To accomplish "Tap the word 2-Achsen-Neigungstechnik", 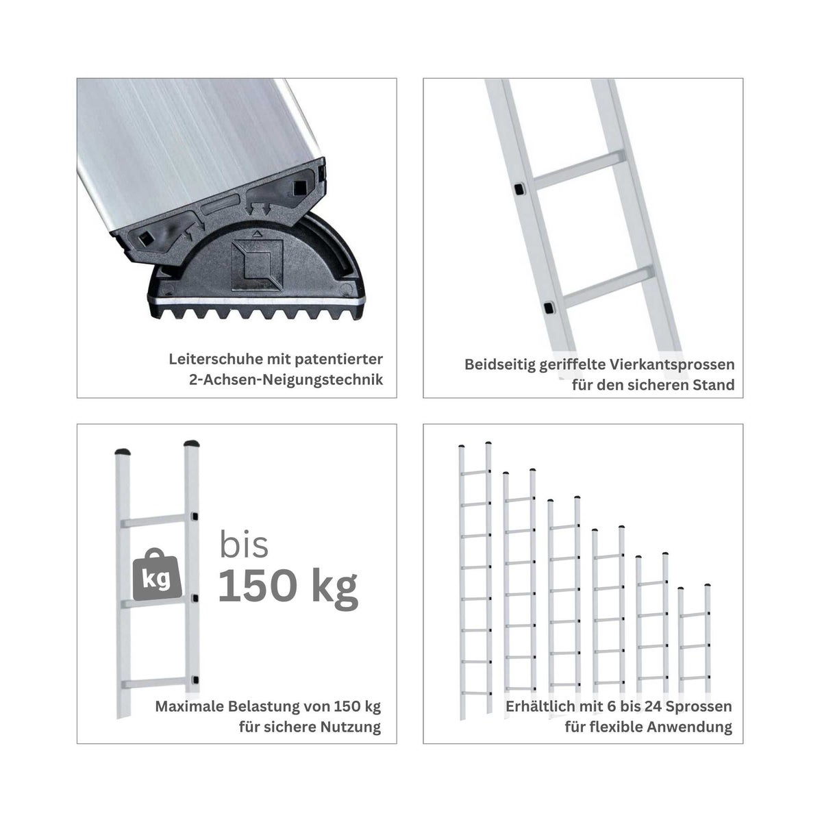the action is click(x=286, y=379).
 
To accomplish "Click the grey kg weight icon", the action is click(x=157, y=575).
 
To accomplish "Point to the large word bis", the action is click(x=244, y=544).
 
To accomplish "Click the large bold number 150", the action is click(x=256, y=585).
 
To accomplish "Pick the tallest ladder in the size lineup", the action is click(x=475, y=581).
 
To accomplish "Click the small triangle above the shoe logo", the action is click(x=256, y=234).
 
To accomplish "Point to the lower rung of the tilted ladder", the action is click(x=608, y=286).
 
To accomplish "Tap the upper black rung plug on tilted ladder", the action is click(x=520, y=188).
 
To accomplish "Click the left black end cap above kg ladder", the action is click(x=123, y=451).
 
